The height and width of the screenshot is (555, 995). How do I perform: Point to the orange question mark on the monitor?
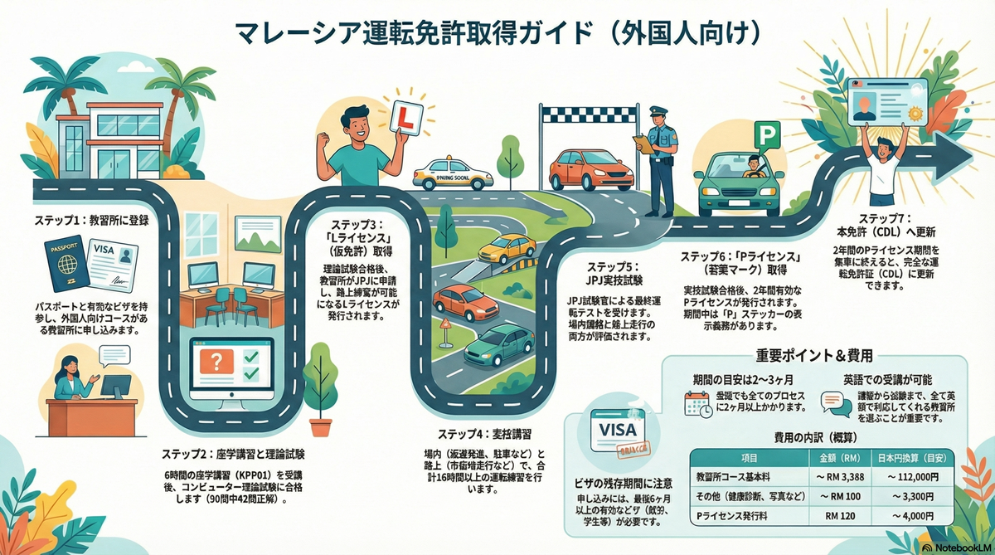(x=218, y=363)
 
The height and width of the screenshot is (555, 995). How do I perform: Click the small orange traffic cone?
(x=445, y=325)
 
